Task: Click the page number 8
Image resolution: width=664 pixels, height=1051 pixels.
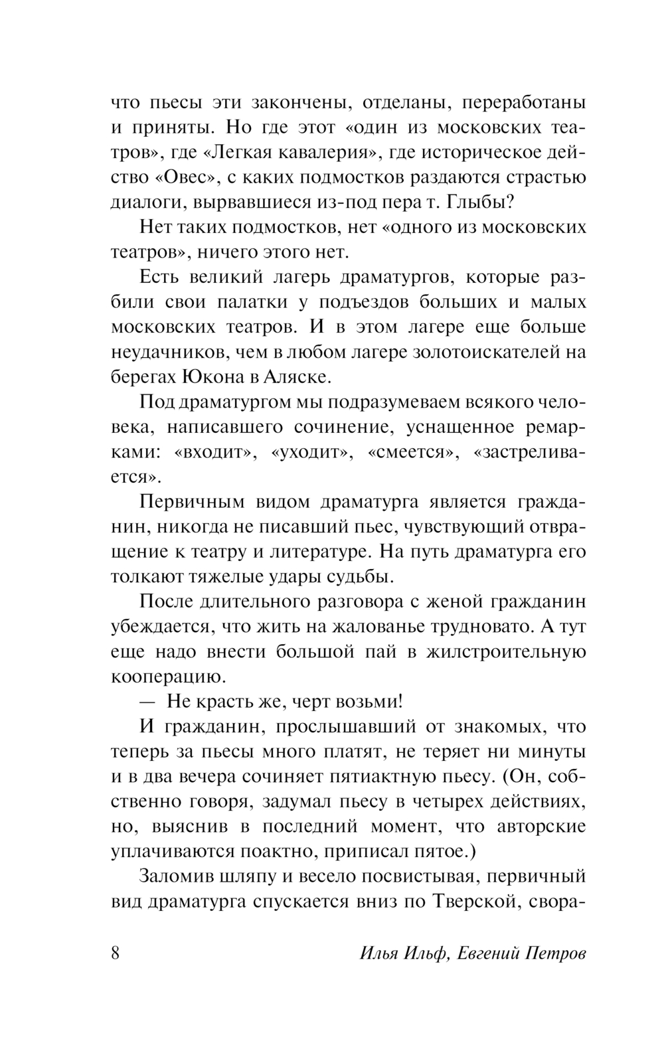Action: click(114, 953)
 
